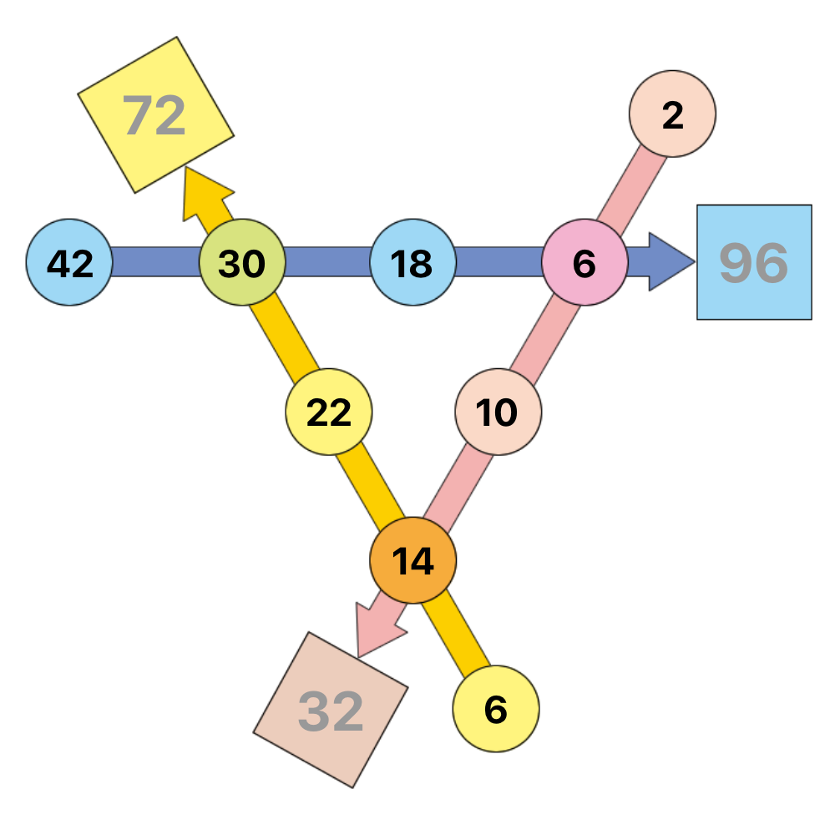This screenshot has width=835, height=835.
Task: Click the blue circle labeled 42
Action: (x=69, y=262)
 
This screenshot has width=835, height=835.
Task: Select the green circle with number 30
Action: (x=242, y=262)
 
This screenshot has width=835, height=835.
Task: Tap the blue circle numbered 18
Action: (x=413, y=262)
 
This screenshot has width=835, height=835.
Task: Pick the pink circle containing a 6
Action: (x=584, y=262)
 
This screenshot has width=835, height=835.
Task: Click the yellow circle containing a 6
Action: (x=496, y=709)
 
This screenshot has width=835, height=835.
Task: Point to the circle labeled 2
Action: (x=672, y=114)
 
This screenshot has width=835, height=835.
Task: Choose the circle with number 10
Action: (x=498, y=412)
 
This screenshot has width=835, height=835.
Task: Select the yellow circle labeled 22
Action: (x=329, y=412)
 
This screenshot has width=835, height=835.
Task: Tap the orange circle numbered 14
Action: (x=413, y=560)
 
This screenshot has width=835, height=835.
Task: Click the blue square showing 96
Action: (x=755, y=262)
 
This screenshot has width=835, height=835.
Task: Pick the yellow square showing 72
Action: (x=156, y=115)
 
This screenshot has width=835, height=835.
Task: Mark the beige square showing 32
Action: (x=331, y=710)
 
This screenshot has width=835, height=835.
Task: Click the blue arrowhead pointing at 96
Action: (x=672, y=262)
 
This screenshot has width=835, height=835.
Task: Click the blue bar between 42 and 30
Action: (x=155, y=261)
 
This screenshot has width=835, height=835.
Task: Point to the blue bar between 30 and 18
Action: (x=327, y=261)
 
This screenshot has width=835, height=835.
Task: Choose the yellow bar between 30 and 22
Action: (x=285, y=337)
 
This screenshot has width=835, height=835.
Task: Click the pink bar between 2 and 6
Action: (x=631, y=190)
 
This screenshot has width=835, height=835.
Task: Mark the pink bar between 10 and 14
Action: (x=458, y=487)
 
